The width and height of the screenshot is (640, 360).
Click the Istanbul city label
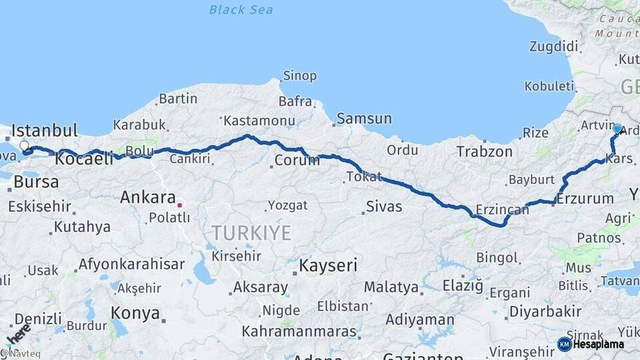[x=45, y=130]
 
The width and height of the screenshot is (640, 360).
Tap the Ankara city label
[x=147, y=197]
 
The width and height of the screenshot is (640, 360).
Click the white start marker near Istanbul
[x=24, y=146]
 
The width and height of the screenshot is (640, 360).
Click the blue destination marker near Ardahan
[x=617, y=129]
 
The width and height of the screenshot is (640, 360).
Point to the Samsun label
[x=364, y=119]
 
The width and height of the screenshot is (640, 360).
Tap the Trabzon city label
[x=484, y=152]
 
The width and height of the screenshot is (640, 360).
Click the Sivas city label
[x=385, y=207]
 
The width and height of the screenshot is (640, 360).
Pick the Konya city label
[x=135, y=313]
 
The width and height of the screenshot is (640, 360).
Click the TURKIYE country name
[x=251, y=233]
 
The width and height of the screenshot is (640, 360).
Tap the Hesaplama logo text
[x=598, y=344]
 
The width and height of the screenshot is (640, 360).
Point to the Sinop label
[x=299, y=76]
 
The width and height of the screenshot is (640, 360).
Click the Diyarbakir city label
[x=545, y=311]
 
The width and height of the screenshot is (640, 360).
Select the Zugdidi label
[x=553, y=47]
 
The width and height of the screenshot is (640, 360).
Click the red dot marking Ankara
[x=179, y=205]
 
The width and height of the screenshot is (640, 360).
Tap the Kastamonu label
[x=259, y=121]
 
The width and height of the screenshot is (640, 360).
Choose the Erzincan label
[x=502, y=210]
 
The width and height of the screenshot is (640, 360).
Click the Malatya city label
[x=391, y=288]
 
